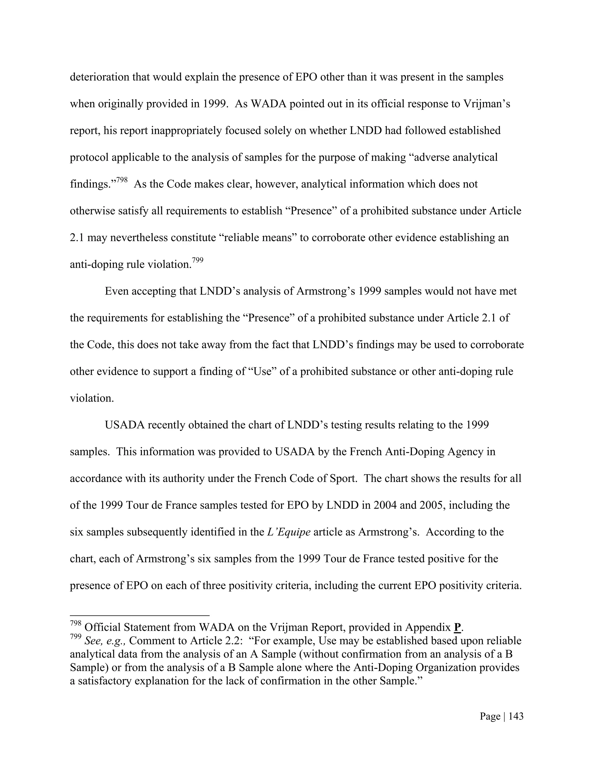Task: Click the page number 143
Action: point(516,716)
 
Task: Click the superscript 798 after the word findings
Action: point(122,180)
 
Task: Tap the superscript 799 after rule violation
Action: point(198,260)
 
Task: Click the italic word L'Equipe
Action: point(289,532)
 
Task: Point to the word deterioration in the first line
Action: point(99,77)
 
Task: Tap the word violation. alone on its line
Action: point(92,398)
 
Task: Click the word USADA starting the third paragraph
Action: point(124,425)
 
